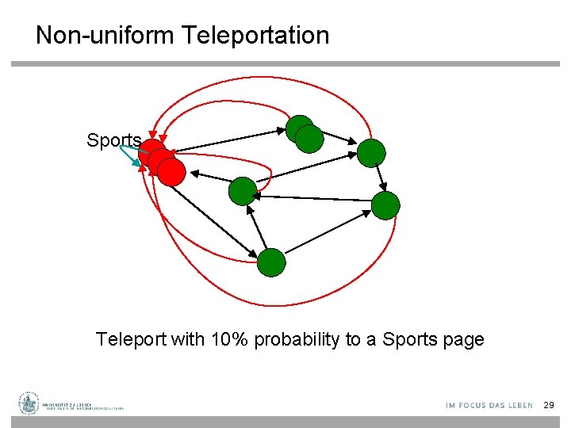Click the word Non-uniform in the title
point(105,36)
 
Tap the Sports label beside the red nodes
point(114,141)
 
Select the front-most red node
point(171,171)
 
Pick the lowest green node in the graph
point(271,262)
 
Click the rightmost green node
point(386,205)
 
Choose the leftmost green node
point(243,191)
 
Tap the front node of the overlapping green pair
point(310,139)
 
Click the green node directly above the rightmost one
point(371,153)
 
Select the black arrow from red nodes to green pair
point(230,140)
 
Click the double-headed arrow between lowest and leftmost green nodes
point(258,228)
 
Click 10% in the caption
point(228,340)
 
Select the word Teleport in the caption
point(132,340)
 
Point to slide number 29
point(549,405)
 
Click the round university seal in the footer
point(29,403)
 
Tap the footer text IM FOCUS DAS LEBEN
point(489,406)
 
